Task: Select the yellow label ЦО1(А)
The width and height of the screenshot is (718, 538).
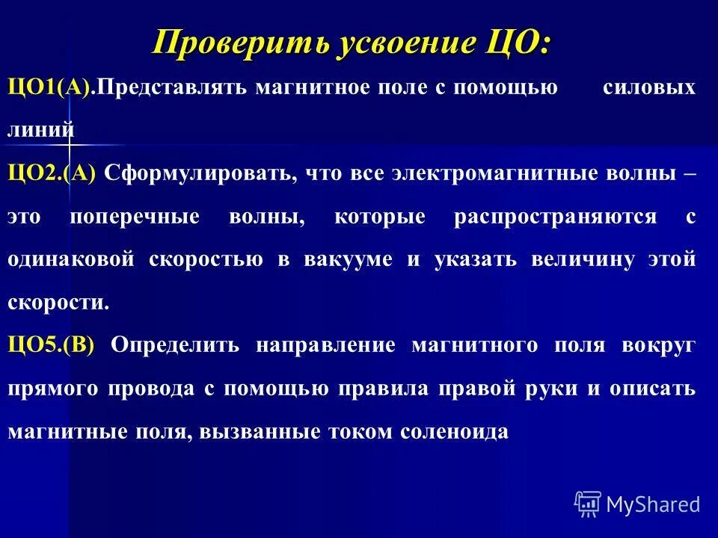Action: click(x=51, y=87)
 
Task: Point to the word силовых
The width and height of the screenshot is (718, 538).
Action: click(x=648, y=87)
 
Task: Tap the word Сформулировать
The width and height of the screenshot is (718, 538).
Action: click(x=194, y=173)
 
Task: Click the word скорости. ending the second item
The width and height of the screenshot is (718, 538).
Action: click(x=58, y=303)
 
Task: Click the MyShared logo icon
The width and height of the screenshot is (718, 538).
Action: click(x=587, y=504)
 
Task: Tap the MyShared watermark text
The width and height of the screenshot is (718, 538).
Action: click(x=653, y=504)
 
